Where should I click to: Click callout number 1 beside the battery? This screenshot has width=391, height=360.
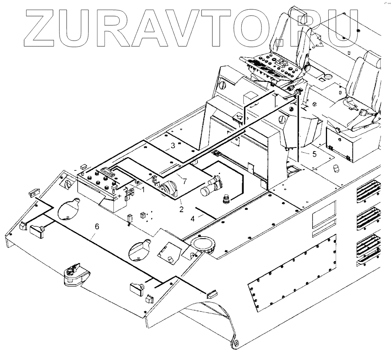142,188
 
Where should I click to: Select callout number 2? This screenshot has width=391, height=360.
182,209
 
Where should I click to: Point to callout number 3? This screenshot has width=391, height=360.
173,146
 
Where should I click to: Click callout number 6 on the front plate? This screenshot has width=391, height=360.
96,227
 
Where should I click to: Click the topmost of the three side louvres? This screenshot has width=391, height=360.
368,191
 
